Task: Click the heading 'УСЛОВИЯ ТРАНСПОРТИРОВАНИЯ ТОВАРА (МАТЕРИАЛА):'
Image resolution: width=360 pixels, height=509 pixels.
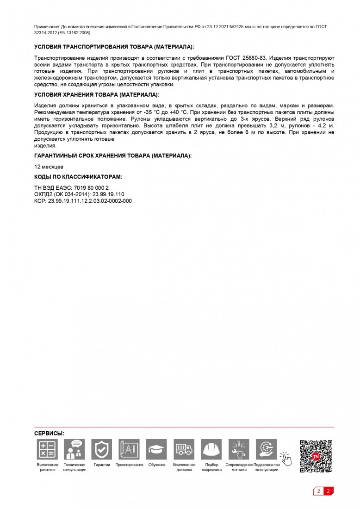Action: (114, 47)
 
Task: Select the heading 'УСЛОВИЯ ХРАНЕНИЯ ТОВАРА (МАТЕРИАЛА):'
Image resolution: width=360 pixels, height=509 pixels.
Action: (97, 95)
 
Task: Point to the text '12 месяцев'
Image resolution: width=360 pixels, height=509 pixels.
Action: (49, 167)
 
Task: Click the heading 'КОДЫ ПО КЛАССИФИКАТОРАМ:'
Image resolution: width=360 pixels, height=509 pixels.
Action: (78, 177)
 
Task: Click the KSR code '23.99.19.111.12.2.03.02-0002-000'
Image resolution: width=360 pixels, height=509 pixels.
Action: (90, 201)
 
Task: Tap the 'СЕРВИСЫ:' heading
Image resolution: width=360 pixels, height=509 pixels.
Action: (49, 434)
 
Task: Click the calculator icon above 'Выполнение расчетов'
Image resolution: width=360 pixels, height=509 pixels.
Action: (47, 449)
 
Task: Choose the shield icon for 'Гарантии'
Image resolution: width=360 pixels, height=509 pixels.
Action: (102, 449)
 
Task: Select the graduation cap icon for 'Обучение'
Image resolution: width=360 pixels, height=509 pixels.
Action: (156, 449)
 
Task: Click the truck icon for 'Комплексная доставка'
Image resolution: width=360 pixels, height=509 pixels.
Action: (184, 449)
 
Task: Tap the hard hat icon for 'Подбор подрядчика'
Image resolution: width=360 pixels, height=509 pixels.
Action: (211, 449)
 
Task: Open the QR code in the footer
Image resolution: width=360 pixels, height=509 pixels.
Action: (316, 456)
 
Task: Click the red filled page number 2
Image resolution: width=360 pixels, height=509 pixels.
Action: (328, 491)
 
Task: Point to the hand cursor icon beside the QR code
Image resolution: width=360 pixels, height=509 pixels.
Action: (286, 459)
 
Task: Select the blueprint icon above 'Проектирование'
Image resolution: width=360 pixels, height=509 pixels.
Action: (129, 449)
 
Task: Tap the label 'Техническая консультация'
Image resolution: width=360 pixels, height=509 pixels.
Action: (74, 467)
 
